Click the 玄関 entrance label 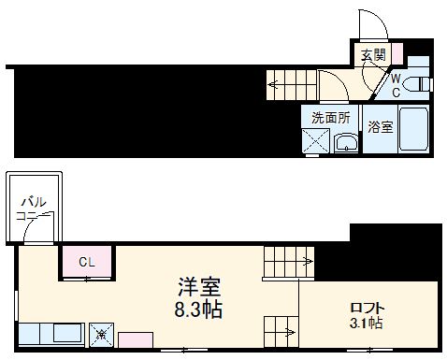(374, 55)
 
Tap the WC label (397, 84)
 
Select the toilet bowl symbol (422, 84)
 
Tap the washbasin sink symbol (346, 143)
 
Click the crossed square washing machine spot (315, 143)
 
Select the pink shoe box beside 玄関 (396, 54)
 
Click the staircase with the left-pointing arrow (289, 84)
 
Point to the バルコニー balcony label (32, 209)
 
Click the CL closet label (86, 262)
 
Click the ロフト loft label (368, 308)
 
